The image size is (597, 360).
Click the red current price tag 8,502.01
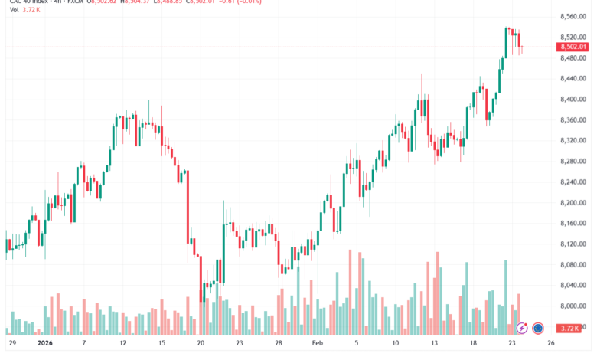pos(573,47)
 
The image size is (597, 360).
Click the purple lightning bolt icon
pos(522,328)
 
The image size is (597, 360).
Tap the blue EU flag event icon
pos(538,328)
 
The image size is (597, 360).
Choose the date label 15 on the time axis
pos(161,344)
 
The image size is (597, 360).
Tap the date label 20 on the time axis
pos(201,344)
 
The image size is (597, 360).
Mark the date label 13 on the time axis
pos(435,344)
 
